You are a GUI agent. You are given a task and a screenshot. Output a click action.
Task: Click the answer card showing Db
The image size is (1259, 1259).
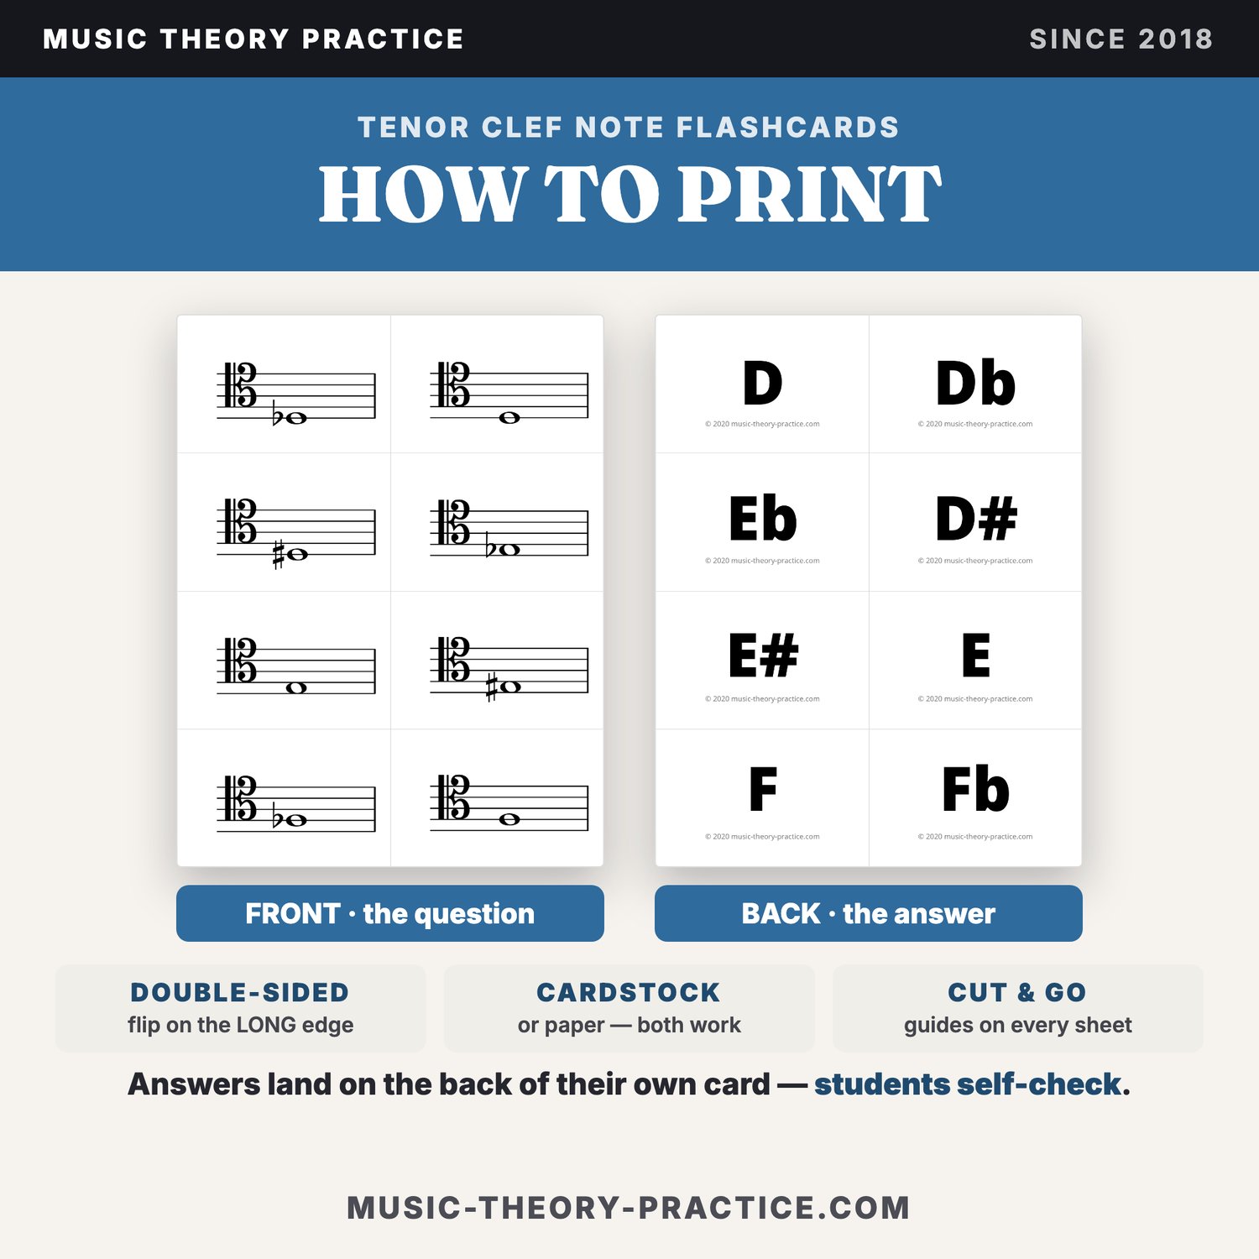[x=975, y=384]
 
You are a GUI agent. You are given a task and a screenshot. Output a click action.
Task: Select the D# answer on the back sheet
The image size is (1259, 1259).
[x=975, y=522]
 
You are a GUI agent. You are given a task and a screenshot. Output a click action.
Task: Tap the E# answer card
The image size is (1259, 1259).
[x=762, y=660]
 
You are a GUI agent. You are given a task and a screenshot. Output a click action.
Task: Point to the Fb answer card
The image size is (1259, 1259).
[x=975, y=797]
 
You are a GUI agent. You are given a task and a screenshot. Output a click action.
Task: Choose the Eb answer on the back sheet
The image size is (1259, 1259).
[x=762, y=522]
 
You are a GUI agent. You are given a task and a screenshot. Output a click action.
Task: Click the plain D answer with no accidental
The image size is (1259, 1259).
[x=762, y=384]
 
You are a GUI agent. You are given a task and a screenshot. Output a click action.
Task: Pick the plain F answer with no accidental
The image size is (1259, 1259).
[x=762, y=797]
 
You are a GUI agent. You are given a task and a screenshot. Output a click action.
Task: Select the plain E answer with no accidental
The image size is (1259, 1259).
[x=975, y=660]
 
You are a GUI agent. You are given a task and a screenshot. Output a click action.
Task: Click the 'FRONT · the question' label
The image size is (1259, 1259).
[x=390, y=913]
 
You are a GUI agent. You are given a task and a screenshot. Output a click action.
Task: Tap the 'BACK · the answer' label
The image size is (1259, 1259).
[x=869, y=913]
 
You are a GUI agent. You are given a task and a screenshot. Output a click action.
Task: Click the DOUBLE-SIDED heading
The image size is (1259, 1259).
[x=240, y=992]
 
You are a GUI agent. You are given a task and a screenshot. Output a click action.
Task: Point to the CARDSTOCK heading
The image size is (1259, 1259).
[x=629, y=992]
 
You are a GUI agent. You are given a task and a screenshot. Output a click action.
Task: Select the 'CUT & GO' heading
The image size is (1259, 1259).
[x=1017, y=992]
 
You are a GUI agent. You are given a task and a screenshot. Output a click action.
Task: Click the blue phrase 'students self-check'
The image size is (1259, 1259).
[x=968, y=1084]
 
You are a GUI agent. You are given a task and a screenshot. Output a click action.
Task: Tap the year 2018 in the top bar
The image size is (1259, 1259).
[x=1176, y=39]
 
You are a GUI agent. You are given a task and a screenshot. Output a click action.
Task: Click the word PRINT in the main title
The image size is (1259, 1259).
[x=811, y=194]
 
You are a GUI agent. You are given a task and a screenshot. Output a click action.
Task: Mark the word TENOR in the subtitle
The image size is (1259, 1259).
[x=414, y=128]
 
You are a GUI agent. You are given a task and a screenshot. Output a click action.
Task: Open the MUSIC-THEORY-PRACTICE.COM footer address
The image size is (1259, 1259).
[x=629, y=1208]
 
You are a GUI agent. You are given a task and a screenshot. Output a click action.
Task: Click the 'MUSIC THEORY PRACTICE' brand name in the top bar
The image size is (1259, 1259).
[x=253, y=39]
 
